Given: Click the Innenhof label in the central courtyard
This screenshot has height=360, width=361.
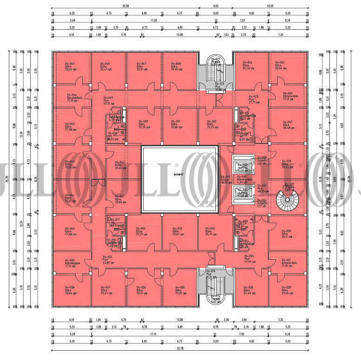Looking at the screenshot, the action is click(178, 174).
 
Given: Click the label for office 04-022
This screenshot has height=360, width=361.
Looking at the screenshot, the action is click(212, 123).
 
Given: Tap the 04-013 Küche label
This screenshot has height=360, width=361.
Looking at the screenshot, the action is click(225, 180).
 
